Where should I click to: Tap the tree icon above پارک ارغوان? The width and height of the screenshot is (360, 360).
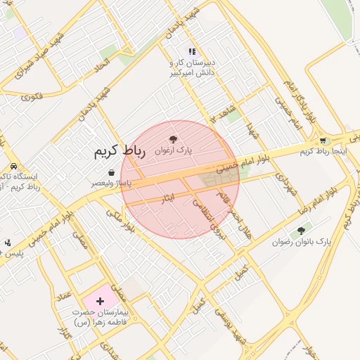(x=173, y=139)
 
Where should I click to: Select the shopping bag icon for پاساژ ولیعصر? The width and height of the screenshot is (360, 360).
(x=111, y=172)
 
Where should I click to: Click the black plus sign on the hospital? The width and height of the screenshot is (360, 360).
(x=99, y=301)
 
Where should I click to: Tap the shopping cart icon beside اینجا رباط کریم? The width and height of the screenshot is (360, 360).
(x=323, y=141)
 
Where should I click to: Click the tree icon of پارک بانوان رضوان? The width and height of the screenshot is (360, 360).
(x=302, y=231)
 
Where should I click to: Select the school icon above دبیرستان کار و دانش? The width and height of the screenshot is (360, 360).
(x=191, y=51)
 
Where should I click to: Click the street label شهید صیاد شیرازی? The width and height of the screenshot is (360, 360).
(x=33, y=53)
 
